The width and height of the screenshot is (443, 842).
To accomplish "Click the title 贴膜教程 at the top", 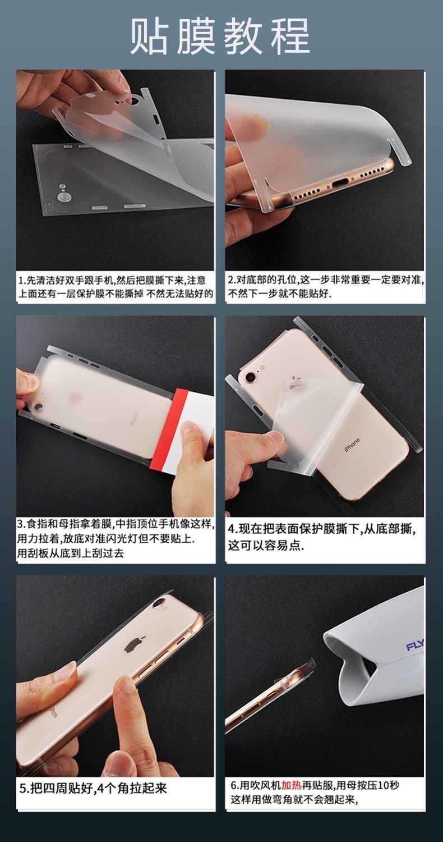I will (x=220, y=36).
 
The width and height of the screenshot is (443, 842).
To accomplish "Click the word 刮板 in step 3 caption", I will (x=39, y=553).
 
